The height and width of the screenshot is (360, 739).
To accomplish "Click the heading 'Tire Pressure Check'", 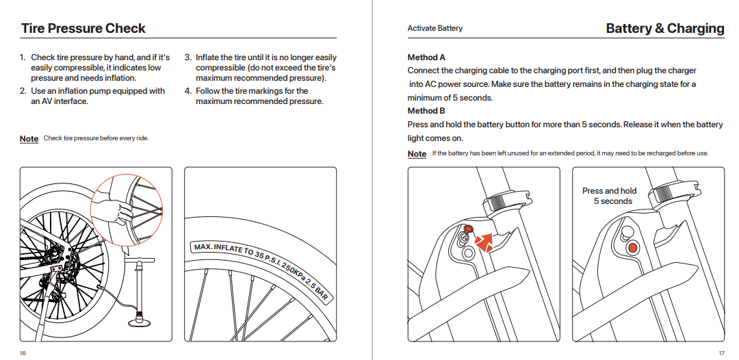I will pyautogui.click(x=83, y=29).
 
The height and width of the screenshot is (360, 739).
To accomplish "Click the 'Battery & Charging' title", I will pyautogui.click(x=664, y=29).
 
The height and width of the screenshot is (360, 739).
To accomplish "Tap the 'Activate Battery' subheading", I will pyautogui.click(x=435, y=29).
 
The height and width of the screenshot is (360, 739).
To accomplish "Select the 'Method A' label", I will pyautogui.click(x=426, y=57).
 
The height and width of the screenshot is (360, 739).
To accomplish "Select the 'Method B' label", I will pyautogui.click(x=426, y=111).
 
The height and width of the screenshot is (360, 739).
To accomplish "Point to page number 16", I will pyautogui.click(x=23, y=353).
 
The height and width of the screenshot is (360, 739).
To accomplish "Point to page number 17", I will pyautogui.click(x=721, y=353).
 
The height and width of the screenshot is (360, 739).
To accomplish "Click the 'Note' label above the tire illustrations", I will pyautogui.click(x=29, y=139).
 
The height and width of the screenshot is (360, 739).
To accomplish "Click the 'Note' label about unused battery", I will pyautogui.click(x=417, y=154).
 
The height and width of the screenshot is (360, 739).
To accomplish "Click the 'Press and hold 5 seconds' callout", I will pyautogui.click(x=609, y=196).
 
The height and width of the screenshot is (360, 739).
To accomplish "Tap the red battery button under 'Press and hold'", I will pyautogui.click(x=633, y=247).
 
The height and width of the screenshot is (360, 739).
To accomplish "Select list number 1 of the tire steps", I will pyautogui.click(x=23, y=58).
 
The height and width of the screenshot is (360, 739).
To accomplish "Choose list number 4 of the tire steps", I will pyautogui.click(x=187, y=91).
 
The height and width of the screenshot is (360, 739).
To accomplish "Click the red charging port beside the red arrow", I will pyautogui.click(x=469, y=228).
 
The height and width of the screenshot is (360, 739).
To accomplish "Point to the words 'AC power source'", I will pyautogui.click(x=454, y=84).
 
